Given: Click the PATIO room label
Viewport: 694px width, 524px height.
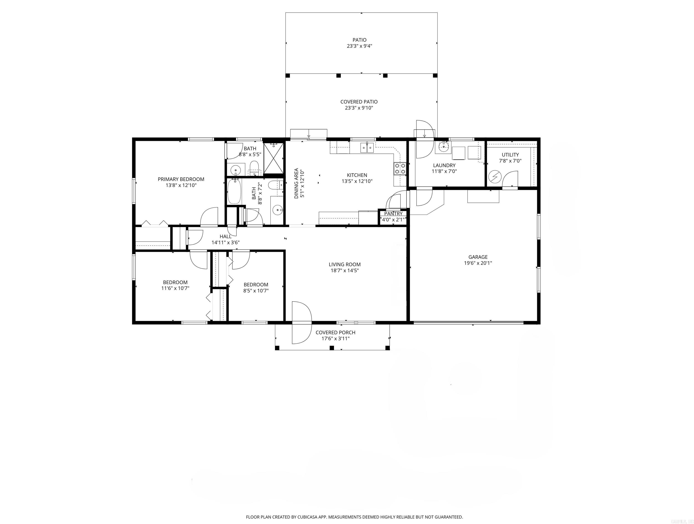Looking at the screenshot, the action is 359,40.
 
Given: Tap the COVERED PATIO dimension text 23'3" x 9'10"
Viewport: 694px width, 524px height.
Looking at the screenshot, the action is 359,108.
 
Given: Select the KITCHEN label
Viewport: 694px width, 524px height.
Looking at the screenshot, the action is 357,175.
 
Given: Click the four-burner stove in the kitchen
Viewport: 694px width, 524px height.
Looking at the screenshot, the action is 400,168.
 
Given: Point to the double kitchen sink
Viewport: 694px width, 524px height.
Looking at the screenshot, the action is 366,147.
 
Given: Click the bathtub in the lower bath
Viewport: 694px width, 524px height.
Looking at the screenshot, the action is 234,191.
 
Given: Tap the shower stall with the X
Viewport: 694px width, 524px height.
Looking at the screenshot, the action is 274,158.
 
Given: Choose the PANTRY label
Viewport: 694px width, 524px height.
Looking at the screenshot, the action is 393,214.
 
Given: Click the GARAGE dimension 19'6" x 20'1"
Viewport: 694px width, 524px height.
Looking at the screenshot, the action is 478,263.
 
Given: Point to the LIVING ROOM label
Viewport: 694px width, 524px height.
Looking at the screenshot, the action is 344,264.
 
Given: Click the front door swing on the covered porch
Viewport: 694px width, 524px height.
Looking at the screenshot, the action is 301,322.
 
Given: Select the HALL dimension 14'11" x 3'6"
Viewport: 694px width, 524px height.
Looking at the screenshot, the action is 225,242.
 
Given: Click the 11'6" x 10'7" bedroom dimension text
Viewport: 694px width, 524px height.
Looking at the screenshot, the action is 175,288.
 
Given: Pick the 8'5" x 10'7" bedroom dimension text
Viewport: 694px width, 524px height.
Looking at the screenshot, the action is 256,291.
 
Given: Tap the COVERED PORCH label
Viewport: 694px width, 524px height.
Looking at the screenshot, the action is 335,333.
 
